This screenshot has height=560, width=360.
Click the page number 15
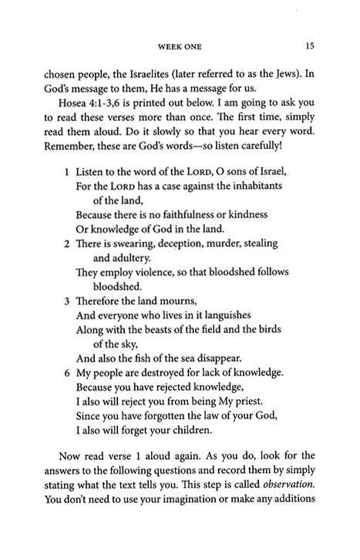coord(309,46)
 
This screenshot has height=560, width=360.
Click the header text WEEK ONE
coord(180,47)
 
